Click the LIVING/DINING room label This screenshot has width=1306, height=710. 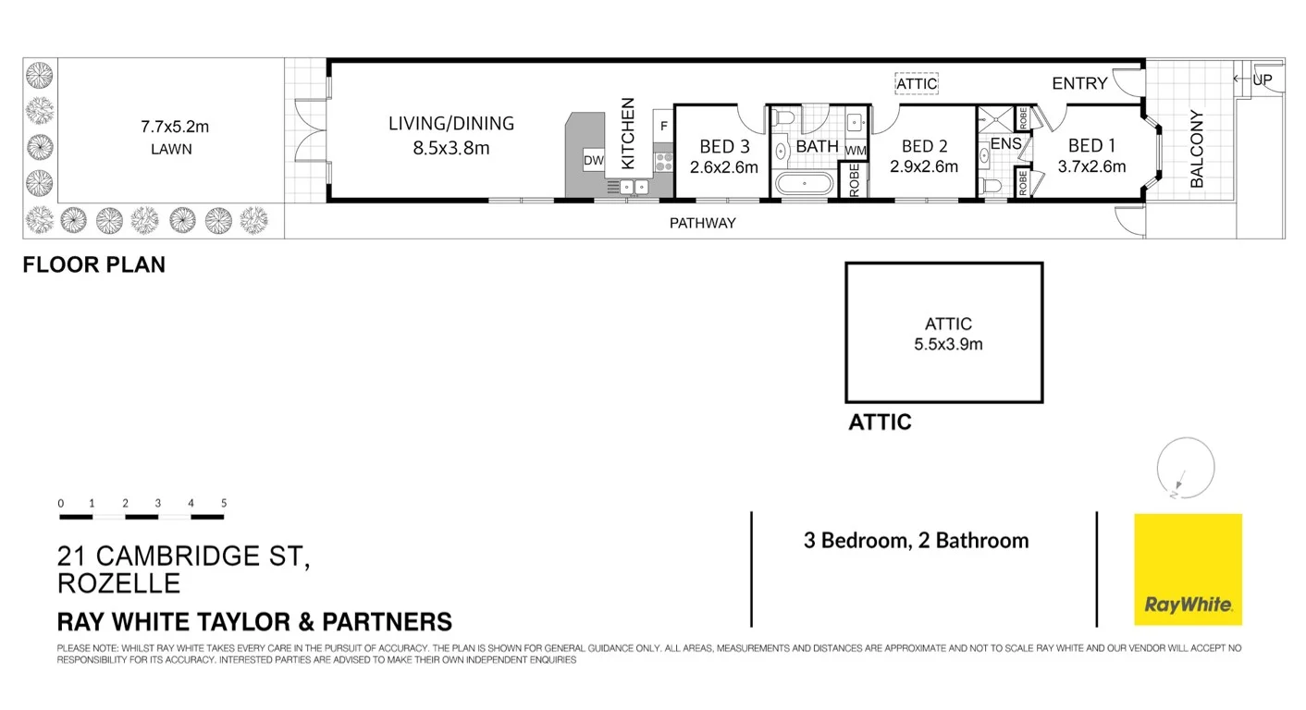(x=450, y=123)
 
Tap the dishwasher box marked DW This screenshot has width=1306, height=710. (x=593, y=161)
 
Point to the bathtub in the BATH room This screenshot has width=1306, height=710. (x=805, y=183)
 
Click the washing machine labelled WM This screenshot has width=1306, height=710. (x=855, y=150)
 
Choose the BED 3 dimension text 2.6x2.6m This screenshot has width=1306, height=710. (x=723, y=167)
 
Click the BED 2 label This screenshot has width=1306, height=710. (x=924, y=146)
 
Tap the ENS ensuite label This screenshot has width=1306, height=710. (x=1005, y=144)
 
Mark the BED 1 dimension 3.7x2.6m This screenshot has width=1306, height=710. (x=1091, y=167)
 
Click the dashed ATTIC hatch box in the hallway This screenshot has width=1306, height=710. (x=917, y=83)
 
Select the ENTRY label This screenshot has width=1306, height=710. (x=1079, y=83)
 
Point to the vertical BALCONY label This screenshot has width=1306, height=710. (x=1197, y=149)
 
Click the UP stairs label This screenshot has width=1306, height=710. (x=1263, y=80)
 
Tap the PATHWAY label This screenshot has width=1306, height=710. (x=702, y=223)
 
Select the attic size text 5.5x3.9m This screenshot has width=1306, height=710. (x=948, y=345)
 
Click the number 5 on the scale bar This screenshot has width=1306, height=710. (x=224, y=504)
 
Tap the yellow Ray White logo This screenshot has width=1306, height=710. (x=1188, y=569)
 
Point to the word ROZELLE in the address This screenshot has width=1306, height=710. (x=118, y=584)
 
